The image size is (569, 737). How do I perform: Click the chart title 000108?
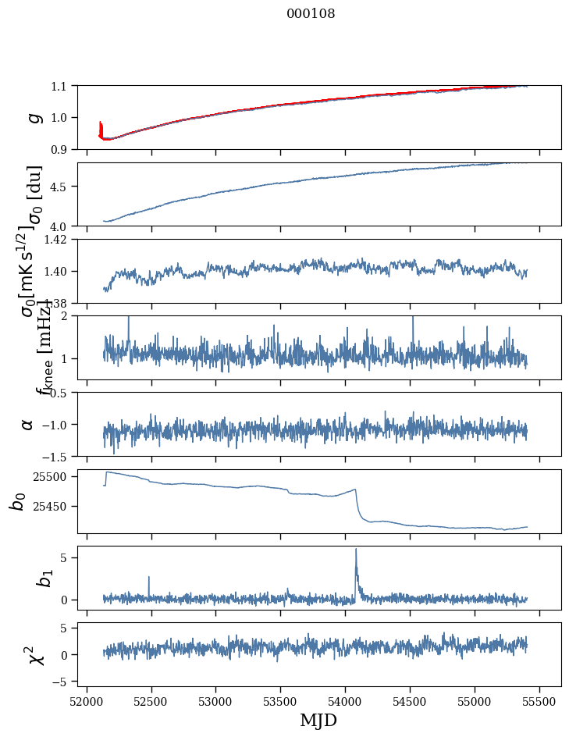tap(311, 14)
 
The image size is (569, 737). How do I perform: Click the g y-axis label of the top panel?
tap(34, 117)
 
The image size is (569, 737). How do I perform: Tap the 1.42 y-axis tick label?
tap(58, 240)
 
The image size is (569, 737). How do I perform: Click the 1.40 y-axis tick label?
tap(58, 271)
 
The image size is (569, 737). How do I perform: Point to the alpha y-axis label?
tap(28, 424)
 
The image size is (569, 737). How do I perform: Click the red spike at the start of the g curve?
tap(101, 126)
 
